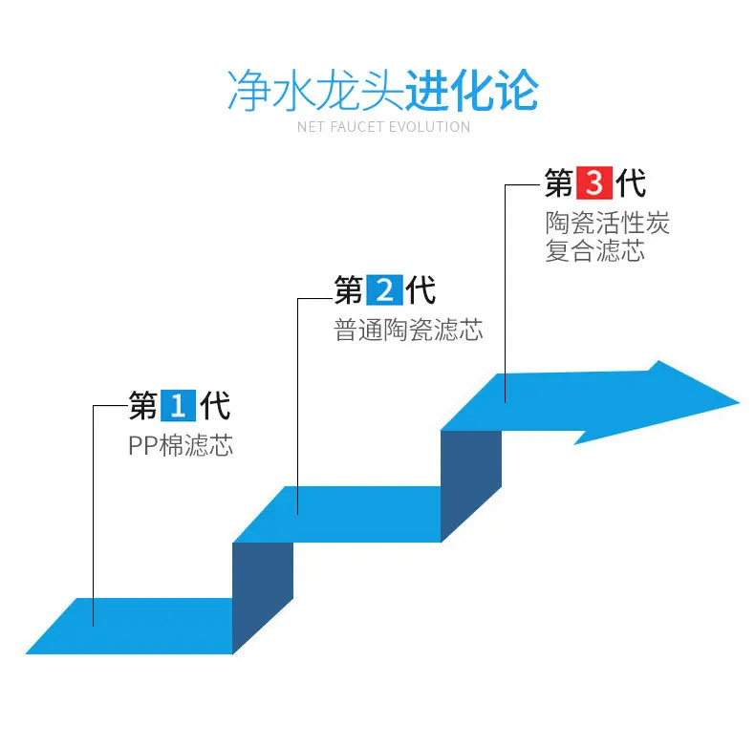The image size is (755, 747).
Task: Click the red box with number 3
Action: click(x=594, y=183)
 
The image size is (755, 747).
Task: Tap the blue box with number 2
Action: click(x=384, y=289)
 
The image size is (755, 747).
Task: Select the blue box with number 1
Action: click(x=178, y=406)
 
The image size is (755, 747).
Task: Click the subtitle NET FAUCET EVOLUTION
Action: click(x=383, y=127)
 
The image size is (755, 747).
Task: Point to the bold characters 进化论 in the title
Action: click(x=471, y=92)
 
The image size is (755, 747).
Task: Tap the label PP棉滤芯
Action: click(x=181, y=445)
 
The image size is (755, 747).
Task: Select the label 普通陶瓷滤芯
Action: click(x=408, y=331)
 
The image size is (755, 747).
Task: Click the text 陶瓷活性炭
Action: click(x=608, y=224)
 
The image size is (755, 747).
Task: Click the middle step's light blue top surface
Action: click(x=363, y=514)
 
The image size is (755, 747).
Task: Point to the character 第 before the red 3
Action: click(x=559, y=183)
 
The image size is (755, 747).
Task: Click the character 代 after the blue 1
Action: click(x=215, y=406)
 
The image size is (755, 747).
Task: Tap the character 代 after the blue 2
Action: click(x=421, y=289)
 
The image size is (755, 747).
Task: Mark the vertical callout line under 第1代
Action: click(x=94, y=516)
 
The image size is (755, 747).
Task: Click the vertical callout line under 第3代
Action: click(x=506, y=287)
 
